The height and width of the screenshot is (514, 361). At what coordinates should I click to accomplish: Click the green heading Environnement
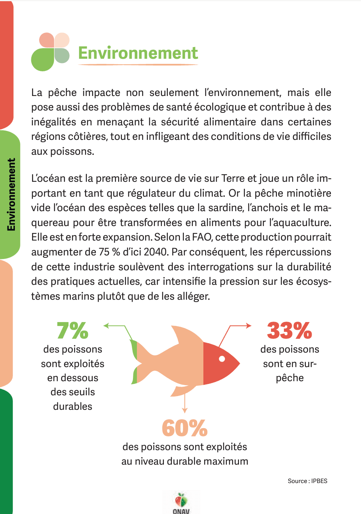[x=138, y=53]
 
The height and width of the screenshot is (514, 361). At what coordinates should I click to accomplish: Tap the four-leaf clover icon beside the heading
[x=50, y=52]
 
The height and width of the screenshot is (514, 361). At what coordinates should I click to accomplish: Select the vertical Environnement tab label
[x=11, y=194]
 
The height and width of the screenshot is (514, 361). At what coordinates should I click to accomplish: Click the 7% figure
[x=73, y=330]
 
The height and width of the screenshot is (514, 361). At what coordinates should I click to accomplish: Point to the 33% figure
[x=289, y=330]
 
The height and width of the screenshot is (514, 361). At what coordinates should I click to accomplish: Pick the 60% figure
[x=185, y=428]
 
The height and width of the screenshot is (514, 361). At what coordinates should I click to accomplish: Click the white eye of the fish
[x=222, y=358]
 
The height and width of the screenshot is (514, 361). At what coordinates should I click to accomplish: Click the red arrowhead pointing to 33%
[x=248, y=325]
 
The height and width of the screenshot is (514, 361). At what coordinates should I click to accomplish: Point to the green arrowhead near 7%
[x=106, y=325]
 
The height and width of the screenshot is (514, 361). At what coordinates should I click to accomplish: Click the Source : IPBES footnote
[x=307, y=481]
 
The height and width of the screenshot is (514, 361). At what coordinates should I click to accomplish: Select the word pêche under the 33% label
[x=290, y=378]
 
